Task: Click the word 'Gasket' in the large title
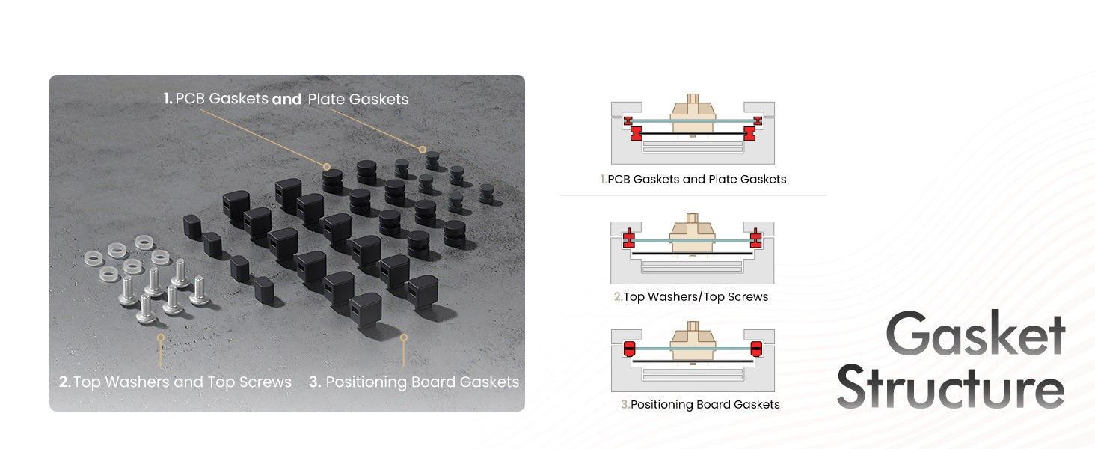pos(975,335)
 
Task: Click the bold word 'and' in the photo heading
pos(286,99)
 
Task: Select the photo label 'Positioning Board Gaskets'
pos(422,382)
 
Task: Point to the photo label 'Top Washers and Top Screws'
pos(182,382)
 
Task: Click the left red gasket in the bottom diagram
pos(629,349)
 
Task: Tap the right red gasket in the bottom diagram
pos(756,349)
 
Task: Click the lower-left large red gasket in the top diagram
pos(637,134)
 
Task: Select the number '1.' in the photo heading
pos(168,99)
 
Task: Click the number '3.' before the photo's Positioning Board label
pos(315,382)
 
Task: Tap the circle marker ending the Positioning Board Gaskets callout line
pos(404,337)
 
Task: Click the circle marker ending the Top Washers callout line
pos(160,337)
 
